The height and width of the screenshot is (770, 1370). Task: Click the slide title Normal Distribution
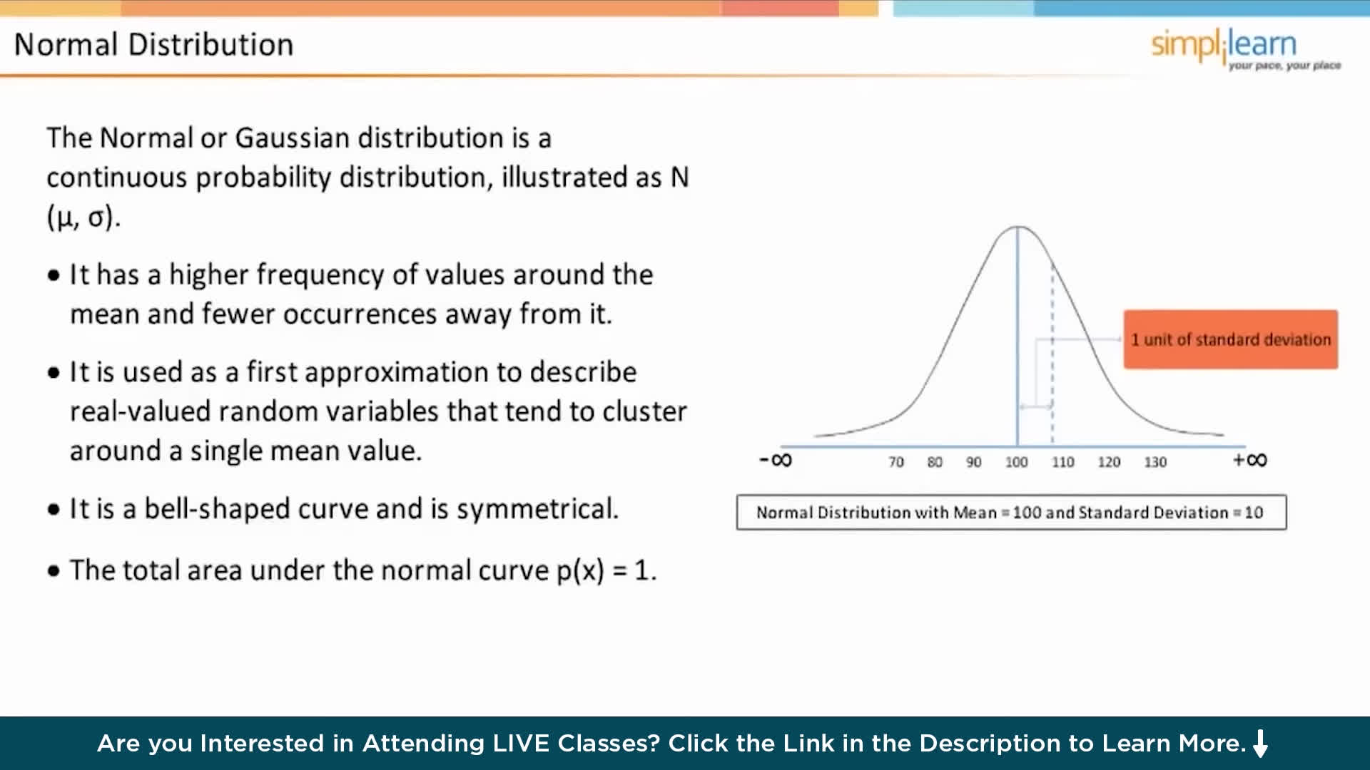[153, 45]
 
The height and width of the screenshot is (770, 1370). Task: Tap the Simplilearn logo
[1245, 48]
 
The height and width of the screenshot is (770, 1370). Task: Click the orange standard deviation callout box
[1231, 339]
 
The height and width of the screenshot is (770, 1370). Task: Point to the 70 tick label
[896, 462]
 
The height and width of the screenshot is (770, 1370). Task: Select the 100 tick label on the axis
[1016, 462]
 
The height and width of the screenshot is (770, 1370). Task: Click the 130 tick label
[1155, 462]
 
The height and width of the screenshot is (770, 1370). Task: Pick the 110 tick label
[1062, 462]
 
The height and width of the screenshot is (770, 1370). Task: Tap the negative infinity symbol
[776, 460]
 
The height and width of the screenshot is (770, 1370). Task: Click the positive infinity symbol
[1250, 460]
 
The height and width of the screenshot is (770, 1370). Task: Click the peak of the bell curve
[1018, 227]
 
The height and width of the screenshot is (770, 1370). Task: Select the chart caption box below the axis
[1011, 512]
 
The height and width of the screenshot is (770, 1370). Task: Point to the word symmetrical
[537, 509]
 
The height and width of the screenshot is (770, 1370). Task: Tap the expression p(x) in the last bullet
[580, 570]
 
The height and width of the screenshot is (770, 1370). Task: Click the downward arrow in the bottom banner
[1261, 743]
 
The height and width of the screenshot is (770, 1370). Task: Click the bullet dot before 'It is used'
[54, 373]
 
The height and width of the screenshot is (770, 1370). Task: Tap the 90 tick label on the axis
[974, 462]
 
